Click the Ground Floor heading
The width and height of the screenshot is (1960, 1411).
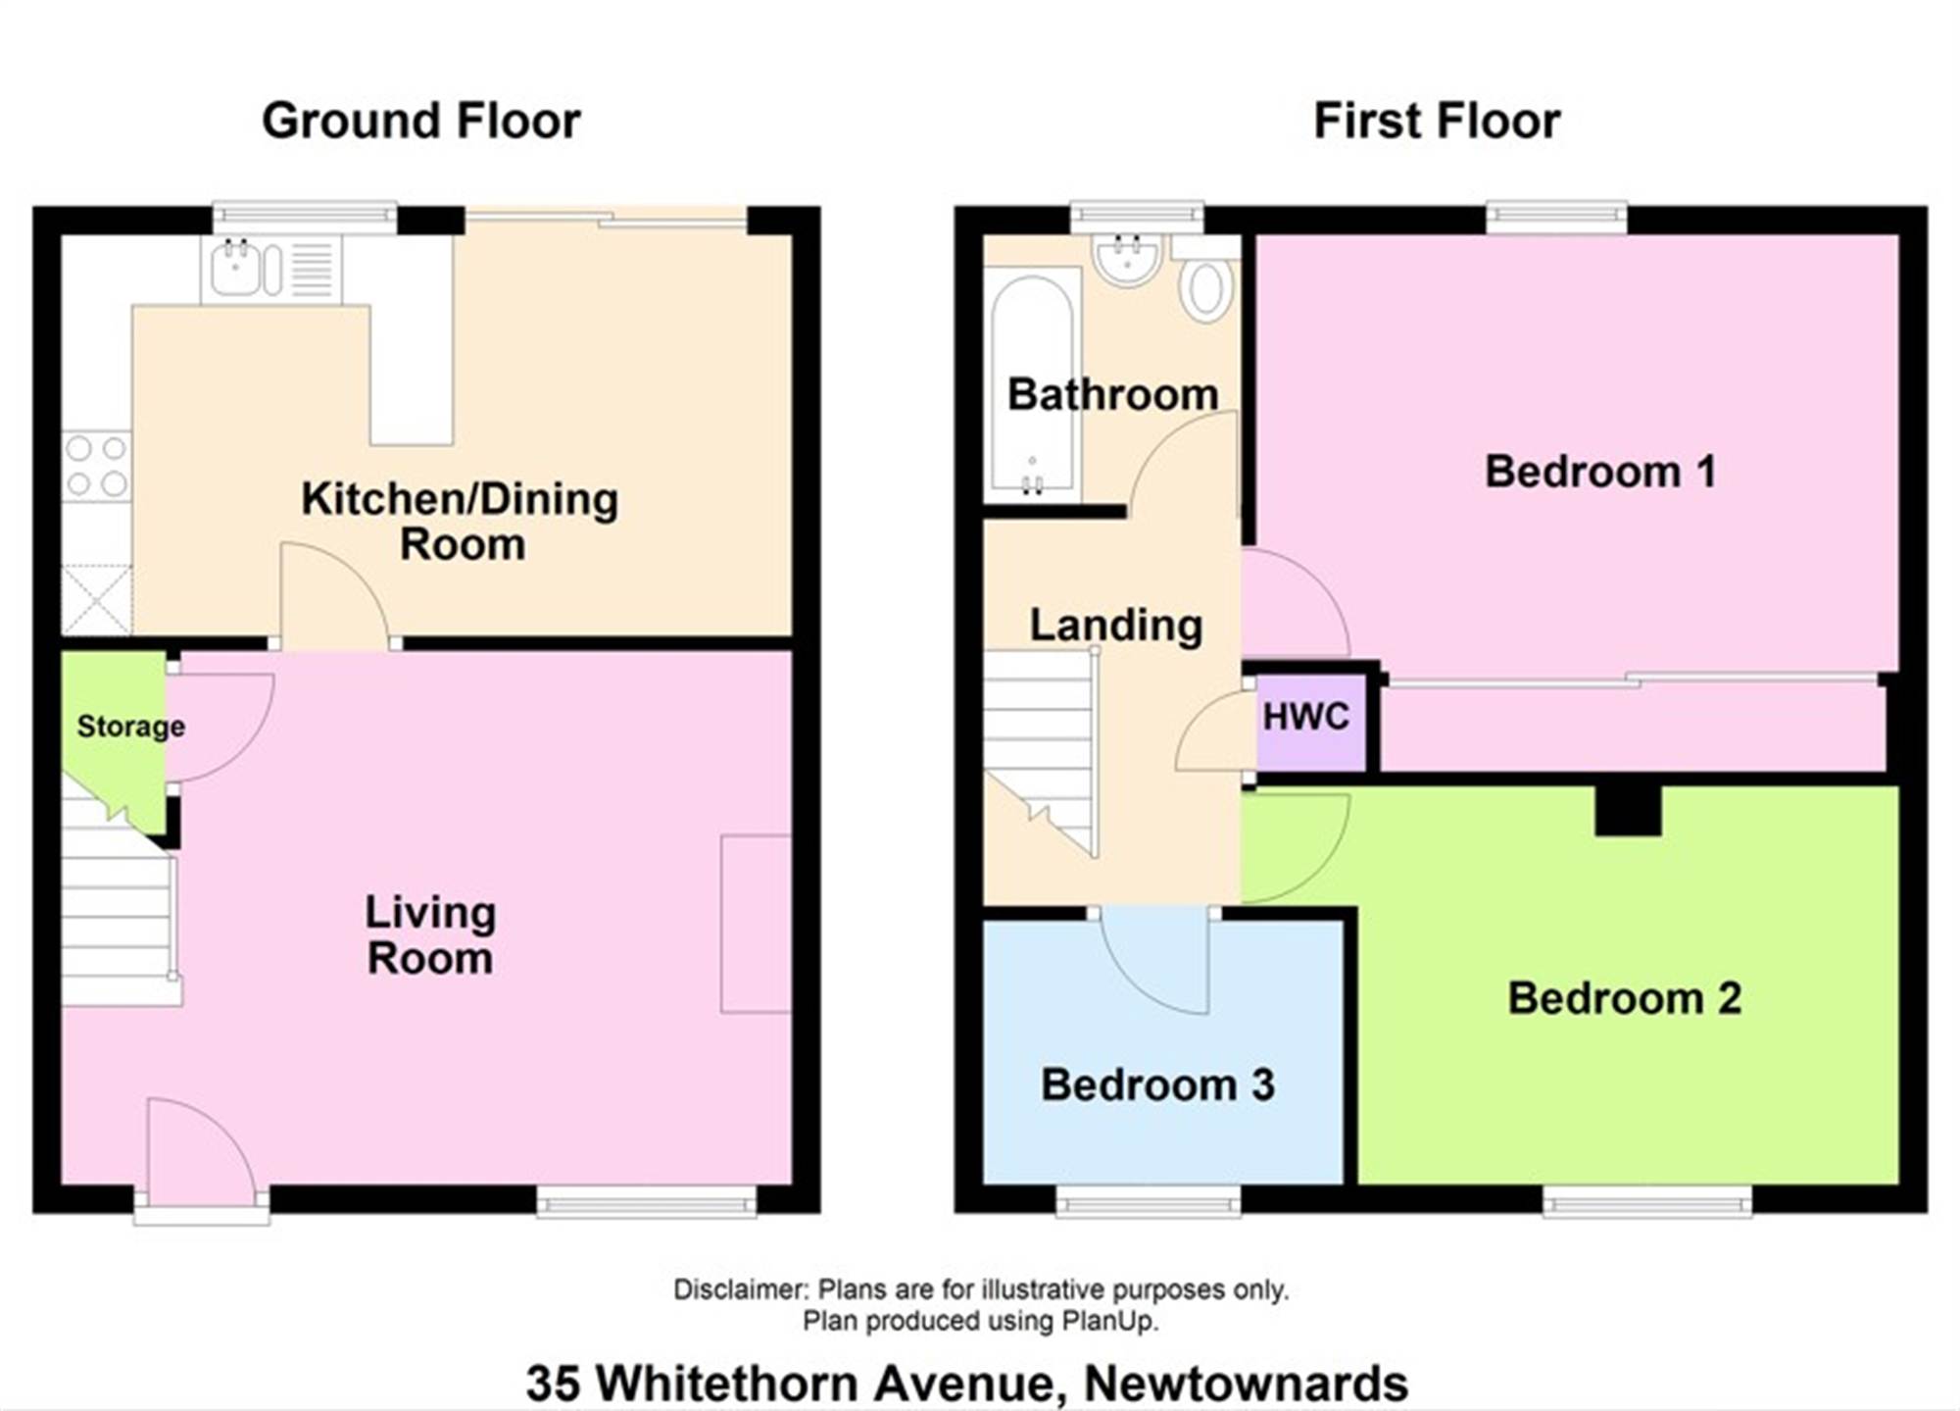pyautogui.click(x=421, y=122)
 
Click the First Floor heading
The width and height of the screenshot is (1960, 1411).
pyautogui.click(x=1437, y=122)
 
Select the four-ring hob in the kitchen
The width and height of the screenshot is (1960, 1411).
pyautogui.click(x=96, y=466)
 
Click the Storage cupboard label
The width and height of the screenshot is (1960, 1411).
pyautogui.click(x=131, y=727)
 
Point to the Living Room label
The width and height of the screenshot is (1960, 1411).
pyautogui.click(x=430, y=935)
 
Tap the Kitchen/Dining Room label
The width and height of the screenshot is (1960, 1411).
pyautogui.click(x=460, y=521)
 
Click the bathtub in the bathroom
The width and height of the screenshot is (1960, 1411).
pyautogui.click(x=1032, y=383)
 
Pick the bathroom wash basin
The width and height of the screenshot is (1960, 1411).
pyautogui.click(x=1128, y=260)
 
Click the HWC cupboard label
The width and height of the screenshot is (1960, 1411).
pyautogui.click(x=1306, y=717)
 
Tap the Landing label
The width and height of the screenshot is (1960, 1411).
pyautogui.click(x=1116, y=626)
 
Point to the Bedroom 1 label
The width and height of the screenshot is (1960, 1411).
pyautogui.click(x=1600, y=472)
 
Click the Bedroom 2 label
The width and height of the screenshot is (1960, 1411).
pyautogui.click(x=1624, y=998)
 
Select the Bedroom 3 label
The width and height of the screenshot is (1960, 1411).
pyautogui.click(x=1157, y=1084)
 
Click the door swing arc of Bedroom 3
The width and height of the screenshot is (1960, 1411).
pyautogui.click(x=1137, y=983)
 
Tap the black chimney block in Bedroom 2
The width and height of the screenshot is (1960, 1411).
pyautogui.click(x=1628, y=810)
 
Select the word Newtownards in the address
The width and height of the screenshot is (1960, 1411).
pyautogui.click(x=1246, y=1384)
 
